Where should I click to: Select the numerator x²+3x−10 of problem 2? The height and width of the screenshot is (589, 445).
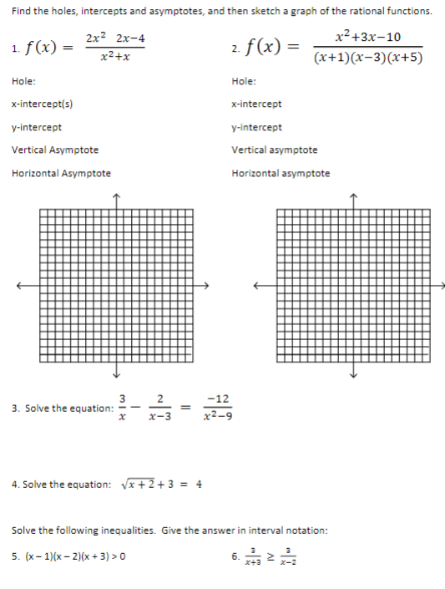367,37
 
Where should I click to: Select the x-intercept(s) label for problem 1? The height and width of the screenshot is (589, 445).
42,104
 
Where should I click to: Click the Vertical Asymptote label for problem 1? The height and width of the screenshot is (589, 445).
55,150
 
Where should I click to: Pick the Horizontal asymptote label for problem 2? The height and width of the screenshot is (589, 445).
281,174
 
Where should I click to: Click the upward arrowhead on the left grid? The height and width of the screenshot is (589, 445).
117,196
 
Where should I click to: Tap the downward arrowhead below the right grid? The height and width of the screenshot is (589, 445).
353,374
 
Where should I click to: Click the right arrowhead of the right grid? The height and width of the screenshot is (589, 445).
442,285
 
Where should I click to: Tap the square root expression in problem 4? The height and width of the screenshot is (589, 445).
136,485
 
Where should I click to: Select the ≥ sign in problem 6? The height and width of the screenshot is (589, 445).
268,554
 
